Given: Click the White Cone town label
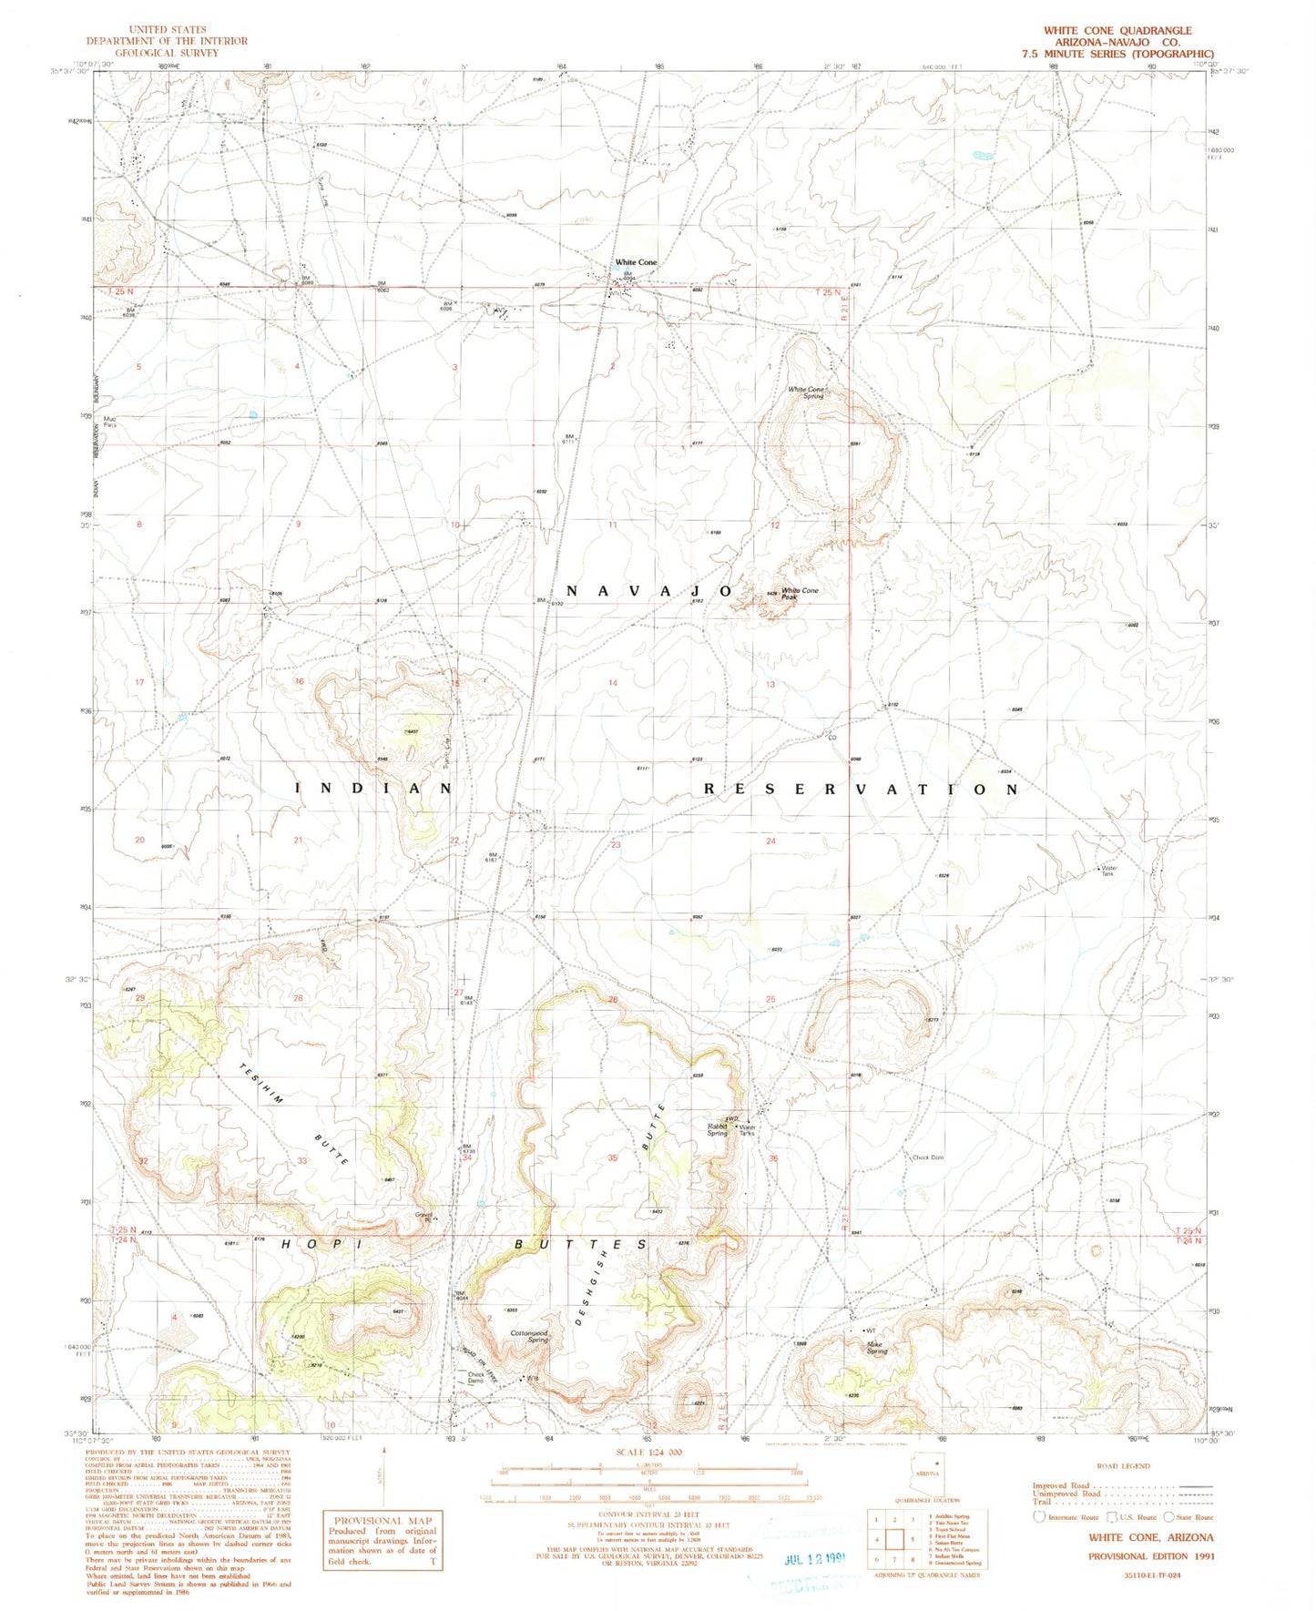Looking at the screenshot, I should click(635, 262).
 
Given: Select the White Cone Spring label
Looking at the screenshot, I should click(806, 393).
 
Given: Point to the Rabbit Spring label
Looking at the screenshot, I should click(717, 1129).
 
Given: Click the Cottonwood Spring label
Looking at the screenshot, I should click(529, 1337).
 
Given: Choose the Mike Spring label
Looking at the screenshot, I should click(876, 1348).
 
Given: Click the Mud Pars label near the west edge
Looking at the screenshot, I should click(111, 423).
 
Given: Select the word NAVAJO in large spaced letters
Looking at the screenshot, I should click(648, 592).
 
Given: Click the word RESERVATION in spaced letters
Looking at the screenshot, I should click(860, 790).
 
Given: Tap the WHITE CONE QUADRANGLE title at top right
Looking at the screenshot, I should click(1117, 31).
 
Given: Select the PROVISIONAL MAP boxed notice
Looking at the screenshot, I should click(381, 1538).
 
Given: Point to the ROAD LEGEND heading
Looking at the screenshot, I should click(1123, 1466).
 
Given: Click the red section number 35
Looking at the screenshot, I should click(613, 1157).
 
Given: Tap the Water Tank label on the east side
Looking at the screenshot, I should click(1107, 872).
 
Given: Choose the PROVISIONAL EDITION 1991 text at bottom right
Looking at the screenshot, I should click(1151, 1556).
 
